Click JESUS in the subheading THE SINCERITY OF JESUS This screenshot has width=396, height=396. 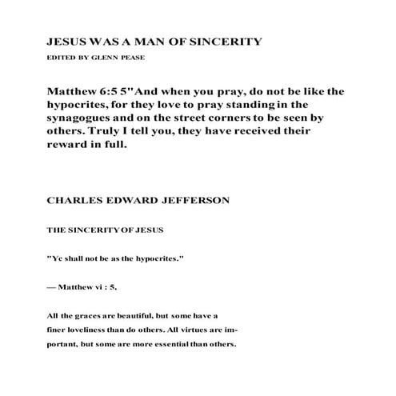pyautogui.click(x=148, y=230)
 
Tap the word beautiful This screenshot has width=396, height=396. pyautogui.click(x=138, y=316)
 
